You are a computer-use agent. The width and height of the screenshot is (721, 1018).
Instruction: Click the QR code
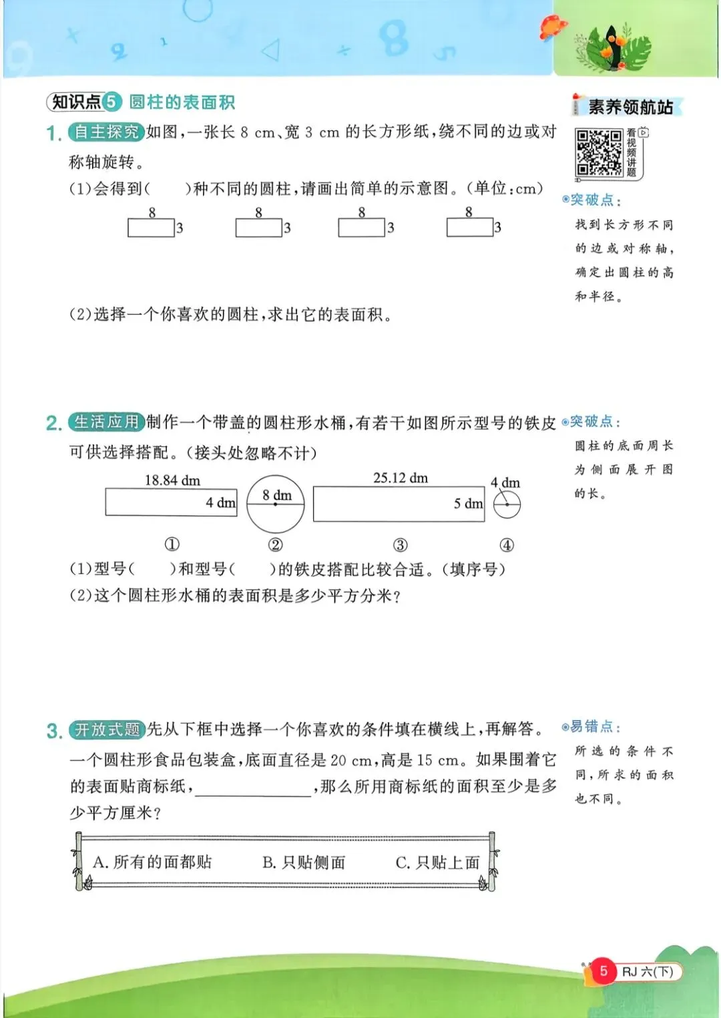[x=599, y=153]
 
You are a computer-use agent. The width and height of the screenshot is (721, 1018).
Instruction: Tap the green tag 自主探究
[x=105, y=132]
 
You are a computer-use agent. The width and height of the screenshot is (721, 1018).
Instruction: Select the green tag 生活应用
[x=105, y=422]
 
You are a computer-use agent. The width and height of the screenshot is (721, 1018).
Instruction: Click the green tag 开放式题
[x=107, y=729]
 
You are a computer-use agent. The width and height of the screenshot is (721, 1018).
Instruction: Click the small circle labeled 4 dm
[x=507, y=504]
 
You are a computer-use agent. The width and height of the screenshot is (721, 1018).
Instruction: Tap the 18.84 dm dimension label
[x=172, y=480]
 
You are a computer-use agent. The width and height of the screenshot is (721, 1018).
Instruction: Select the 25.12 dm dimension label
[x=401, y=478]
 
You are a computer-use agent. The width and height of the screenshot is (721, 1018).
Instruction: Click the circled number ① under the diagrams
[x=172, y=544]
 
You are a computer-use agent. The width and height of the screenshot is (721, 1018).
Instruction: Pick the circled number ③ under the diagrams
[x=400, y=545]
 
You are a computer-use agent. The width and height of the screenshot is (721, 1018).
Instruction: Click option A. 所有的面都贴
[x=152, y=862]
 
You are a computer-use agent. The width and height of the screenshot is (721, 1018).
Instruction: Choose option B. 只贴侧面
[x=304, y=862]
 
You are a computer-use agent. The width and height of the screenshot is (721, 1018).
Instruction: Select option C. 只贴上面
[x=437, y=862]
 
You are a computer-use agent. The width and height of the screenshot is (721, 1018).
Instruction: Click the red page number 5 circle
[x=604, y=971]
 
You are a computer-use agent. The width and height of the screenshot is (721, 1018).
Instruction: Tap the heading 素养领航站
[x=630, y=107]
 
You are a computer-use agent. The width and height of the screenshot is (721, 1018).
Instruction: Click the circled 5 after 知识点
[x=111, y=102]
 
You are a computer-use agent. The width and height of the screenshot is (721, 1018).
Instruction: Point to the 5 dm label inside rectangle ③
[x=468, y=504]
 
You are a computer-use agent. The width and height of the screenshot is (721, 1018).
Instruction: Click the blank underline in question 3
[x=254, y=788]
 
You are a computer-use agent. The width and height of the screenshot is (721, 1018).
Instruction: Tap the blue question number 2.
[x=53, y=423]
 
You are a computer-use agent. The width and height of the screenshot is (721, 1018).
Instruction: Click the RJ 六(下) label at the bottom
[x=648, y=971]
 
